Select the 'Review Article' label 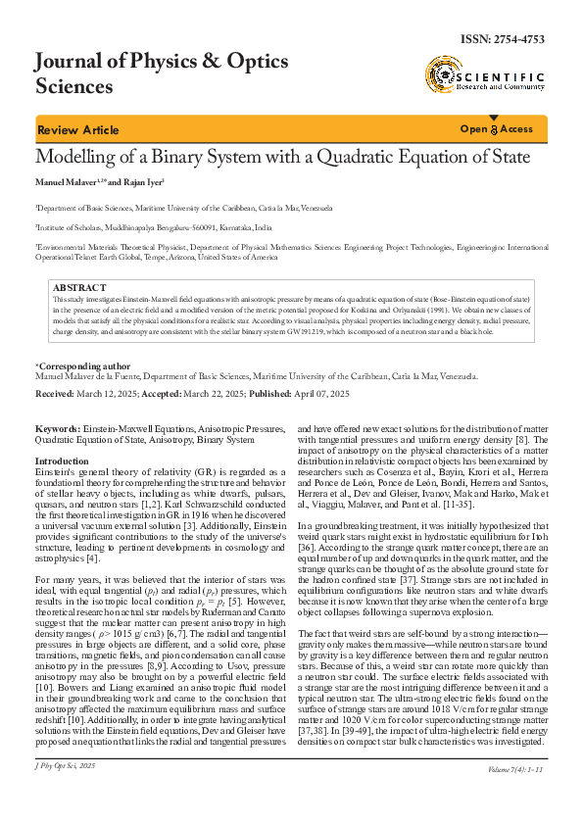click(77, 130)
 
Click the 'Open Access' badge click(497, 129)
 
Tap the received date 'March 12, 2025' click(110, 393)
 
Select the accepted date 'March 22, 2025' click(209, 393)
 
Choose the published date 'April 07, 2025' click(315, 393)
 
